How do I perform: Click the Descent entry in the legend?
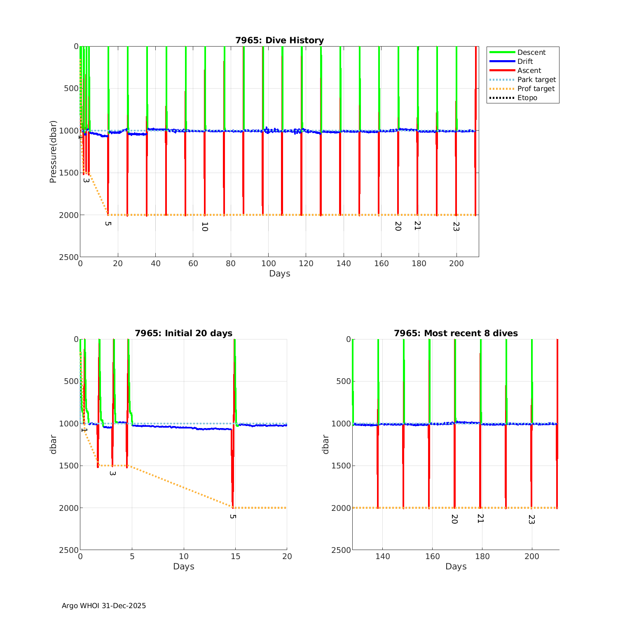[531, 52]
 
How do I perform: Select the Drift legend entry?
[525, 61]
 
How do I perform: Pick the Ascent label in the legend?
[529, 70]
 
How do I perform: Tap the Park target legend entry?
[536, 80]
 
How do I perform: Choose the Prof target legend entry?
[536, 89]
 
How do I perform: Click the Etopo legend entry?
[527, 98]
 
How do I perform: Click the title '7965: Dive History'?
[279, 40]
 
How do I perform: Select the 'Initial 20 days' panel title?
[183, 333]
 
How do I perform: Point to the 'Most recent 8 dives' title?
[456, 333]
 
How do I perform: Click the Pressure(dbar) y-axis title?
[53, 152]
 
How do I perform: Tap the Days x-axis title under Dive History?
[279, 274]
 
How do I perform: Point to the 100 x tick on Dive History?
[268, 264]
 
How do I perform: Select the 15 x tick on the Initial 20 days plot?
[235, 557]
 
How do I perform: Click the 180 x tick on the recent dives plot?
[482, 557]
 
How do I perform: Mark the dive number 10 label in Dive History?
[204, 227]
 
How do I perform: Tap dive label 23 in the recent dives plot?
[531, 520]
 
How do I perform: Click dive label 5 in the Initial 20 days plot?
[233, 516]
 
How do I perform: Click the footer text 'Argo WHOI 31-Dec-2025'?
[104, 606]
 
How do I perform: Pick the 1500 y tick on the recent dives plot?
[341, 466]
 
